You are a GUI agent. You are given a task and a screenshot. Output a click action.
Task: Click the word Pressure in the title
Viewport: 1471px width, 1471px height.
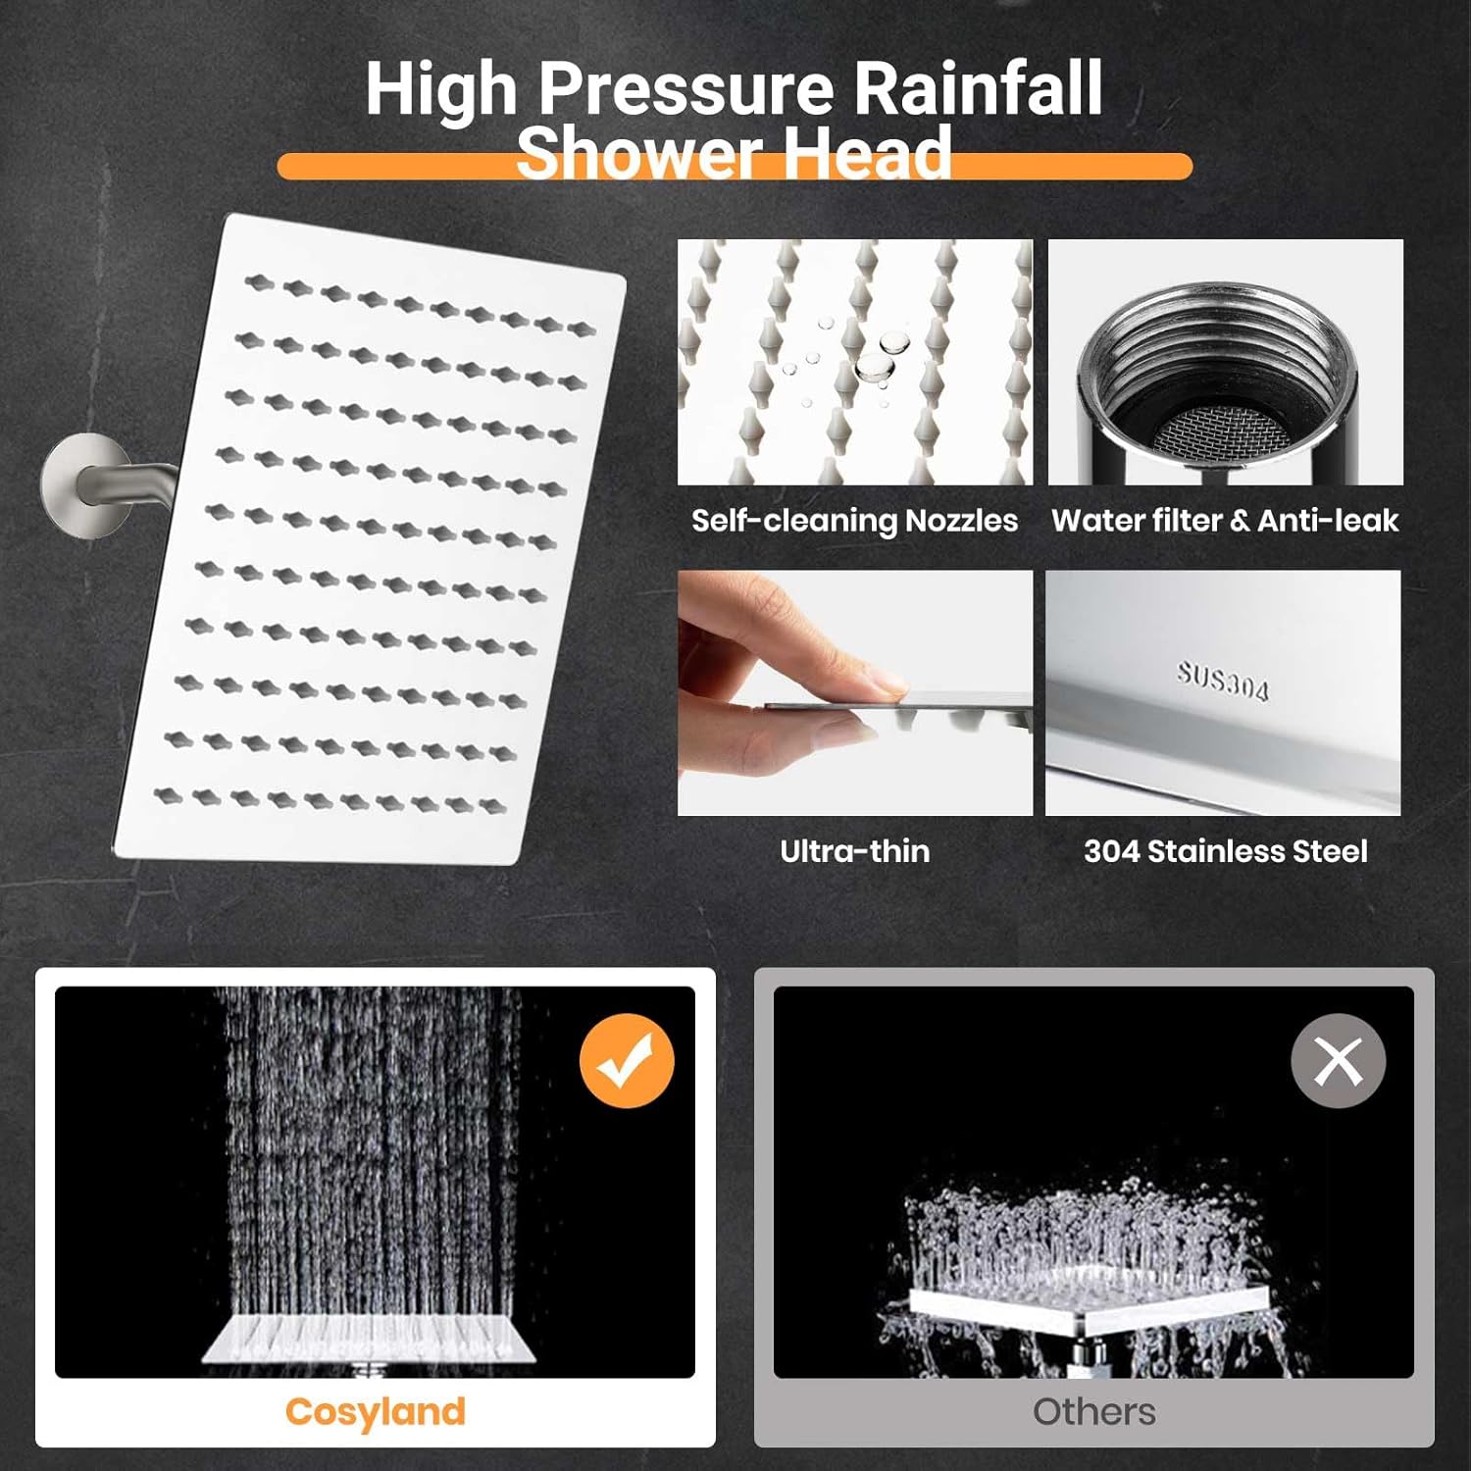tap(686, 90)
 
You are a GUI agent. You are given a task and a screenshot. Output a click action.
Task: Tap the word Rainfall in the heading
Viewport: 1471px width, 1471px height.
tap(979, 88)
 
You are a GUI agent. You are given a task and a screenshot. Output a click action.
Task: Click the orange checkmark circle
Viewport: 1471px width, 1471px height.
tap(627, 1061)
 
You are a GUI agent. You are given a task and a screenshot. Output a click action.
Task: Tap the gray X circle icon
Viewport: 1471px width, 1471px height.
tap(1338, 1061)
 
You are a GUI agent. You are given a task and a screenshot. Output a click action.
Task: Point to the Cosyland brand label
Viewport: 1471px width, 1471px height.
tap(375, 1411)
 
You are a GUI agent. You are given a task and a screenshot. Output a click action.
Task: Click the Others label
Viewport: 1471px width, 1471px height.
tap(1093, 1411)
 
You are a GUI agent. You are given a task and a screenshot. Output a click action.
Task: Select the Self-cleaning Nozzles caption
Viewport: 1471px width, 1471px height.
tap(854, 520)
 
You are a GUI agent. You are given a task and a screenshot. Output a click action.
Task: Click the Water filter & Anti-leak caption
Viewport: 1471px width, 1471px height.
tap(1225, 520)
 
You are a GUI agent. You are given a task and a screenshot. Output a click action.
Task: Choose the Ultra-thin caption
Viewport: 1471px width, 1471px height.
tap(854, 850)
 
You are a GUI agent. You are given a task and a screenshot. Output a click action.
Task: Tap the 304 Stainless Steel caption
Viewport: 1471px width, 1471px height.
tap(1225, 850)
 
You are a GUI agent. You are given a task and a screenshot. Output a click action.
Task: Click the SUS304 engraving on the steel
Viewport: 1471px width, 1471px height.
tap(1223, 681)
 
